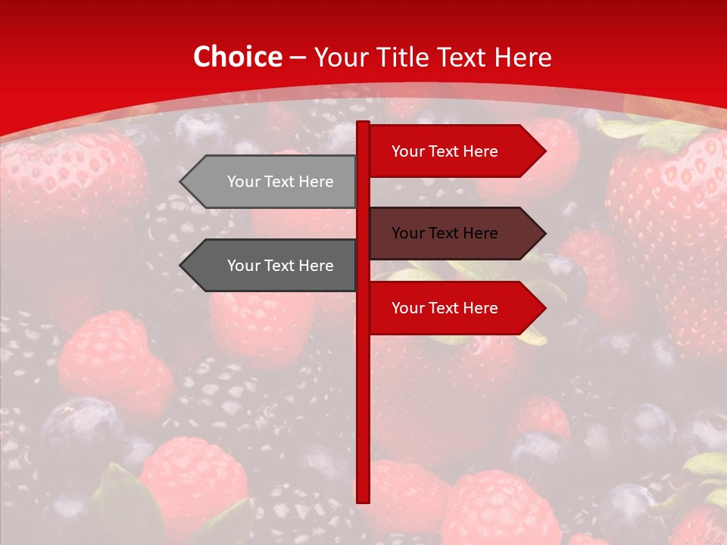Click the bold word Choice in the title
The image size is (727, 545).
237,57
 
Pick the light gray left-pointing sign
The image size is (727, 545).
273,182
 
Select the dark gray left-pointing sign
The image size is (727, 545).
273,266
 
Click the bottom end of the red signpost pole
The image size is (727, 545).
363,500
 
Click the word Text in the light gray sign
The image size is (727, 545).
280,182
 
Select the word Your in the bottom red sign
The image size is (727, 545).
407,308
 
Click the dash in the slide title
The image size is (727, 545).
298,58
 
